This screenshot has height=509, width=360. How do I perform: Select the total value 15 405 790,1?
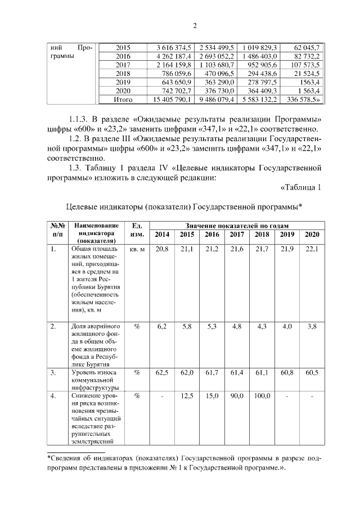[x=169, y=100]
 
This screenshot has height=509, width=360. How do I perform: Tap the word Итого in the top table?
[x=123, y=100]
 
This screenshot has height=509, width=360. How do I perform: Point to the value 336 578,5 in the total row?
[x=303, y=100]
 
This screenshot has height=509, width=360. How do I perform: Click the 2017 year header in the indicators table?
[x=237, y=234]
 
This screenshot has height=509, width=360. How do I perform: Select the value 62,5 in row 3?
[x=162, y=372]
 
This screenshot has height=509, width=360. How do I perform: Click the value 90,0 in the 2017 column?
[x=237, y=396]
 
